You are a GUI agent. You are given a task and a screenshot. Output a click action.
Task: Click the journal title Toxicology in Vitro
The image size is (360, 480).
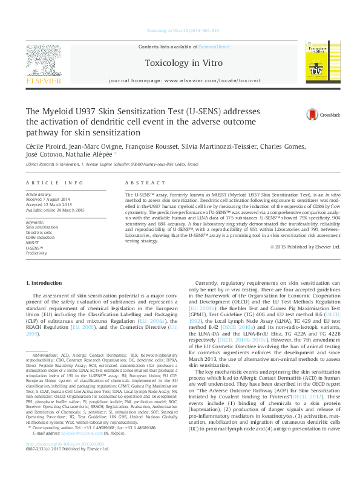183,63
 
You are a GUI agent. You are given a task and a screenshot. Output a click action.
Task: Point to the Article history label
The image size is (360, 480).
39,195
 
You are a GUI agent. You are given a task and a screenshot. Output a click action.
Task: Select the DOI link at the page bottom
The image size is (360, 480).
65,461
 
